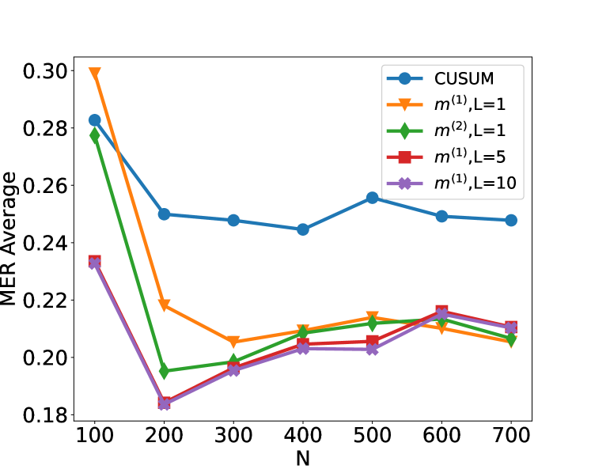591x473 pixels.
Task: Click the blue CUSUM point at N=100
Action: pos(95,120)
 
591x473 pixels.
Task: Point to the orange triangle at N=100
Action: pos(95,74)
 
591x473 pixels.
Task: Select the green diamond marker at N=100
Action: pos(95,136)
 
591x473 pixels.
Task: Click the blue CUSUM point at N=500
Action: pos(372,198)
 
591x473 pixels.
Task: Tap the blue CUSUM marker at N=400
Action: pos(303,229)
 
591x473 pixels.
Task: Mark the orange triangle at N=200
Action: pos(164,305)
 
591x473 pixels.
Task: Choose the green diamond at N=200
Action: pos(164,371)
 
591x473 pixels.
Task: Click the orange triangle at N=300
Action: pos(233,342)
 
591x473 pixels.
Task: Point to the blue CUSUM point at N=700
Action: pos(510,220)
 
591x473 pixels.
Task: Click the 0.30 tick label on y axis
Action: pos(43,71)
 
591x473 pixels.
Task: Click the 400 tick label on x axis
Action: pos(303,437)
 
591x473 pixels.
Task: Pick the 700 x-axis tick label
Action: pos(510,437)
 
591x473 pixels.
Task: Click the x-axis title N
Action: pos(303,459)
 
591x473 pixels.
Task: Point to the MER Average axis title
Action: pos(9,242)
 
